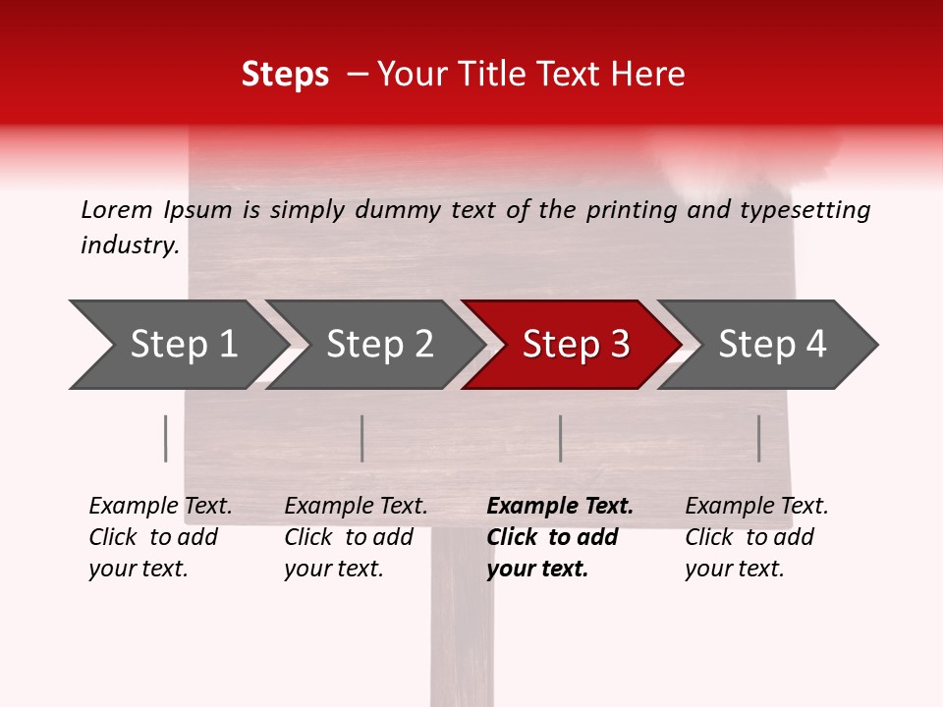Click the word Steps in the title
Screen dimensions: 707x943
285,75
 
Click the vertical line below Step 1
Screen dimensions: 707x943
166,438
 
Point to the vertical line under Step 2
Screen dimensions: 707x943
362,438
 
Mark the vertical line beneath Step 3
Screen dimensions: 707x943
560,438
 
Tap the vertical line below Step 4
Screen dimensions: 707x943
759,438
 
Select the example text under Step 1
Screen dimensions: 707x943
160,537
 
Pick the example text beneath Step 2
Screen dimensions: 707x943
356,537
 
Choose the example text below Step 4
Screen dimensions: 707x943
756,537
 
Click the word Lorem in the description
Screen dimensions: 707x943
117,210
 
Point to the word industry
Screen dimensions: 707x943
129,245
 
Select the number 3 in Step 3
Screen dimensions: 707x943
619,345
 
